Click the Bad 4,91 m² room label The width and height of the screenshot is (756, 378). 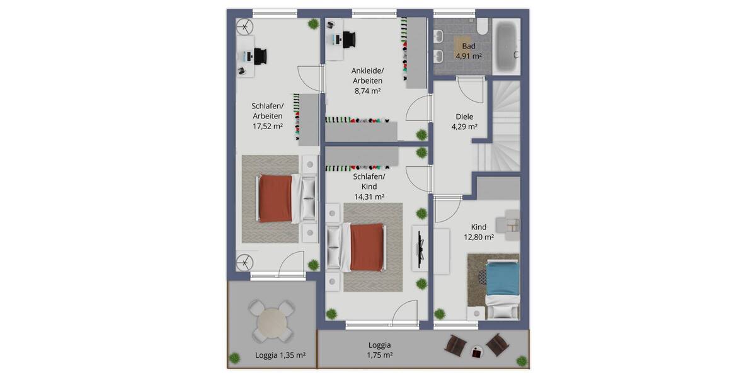click(468, 51)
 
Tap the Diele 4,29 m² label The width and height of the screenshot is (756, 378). click(464, 122)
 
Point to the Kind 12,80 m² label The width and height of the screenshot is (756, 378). click(479, 232)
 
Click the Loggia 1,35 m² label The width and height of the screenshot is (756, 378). click(280, 355)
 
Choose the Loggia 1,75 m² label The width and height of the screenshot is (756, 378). click(379, 350)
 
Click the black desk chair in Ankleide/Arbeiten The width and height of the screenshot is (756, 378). click(348, 38)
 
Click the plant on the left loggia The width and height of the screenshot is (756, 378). click(234, 358)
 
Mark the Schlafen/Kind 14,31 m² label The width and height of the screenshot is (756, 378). click(369, 186)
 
